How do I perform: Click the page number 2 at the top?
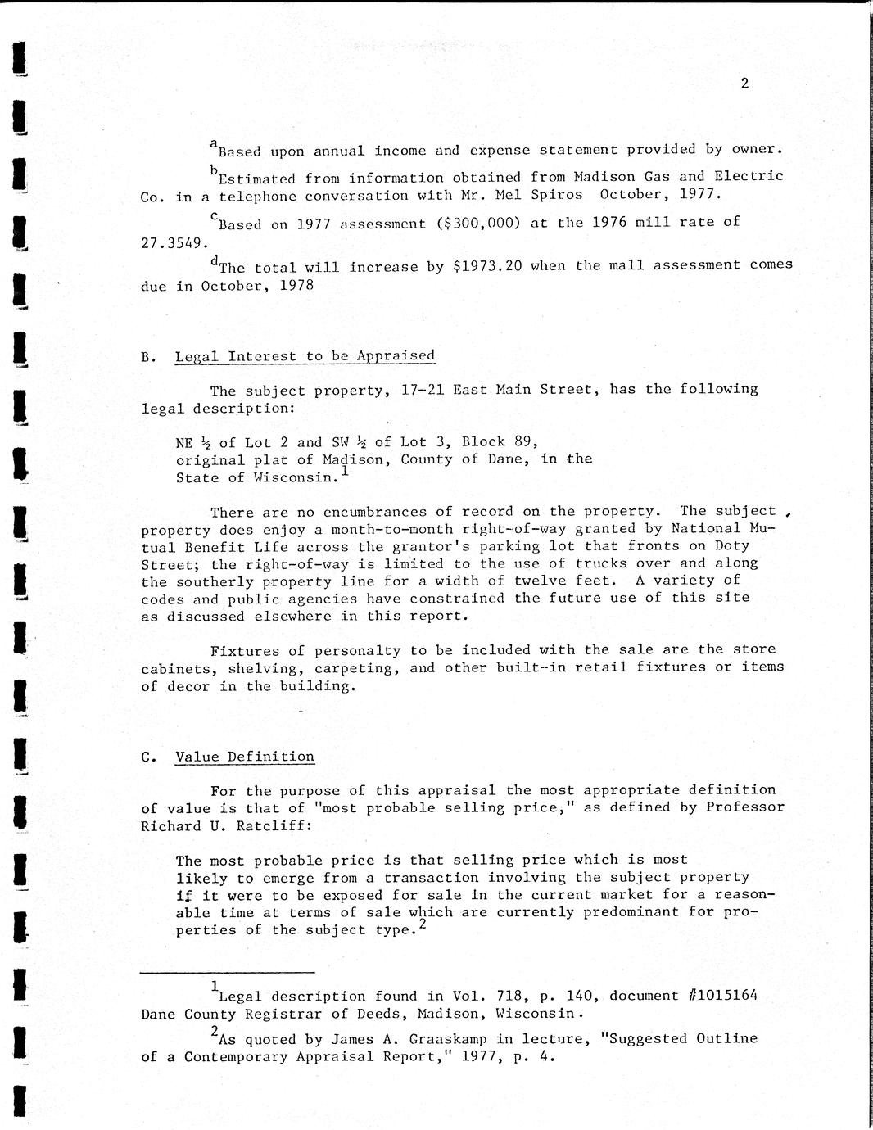(x=744, y=83)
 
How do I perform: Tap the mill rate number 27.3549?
(x=171, y=243)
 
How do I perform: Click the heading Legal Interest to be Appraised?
(x=305, y=356)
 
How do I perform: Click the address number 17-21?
(x=423, y=390)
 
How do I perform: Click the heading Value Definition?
(x=245, y=757)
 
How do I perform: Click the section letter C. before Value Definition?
(x=148, y=757)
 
